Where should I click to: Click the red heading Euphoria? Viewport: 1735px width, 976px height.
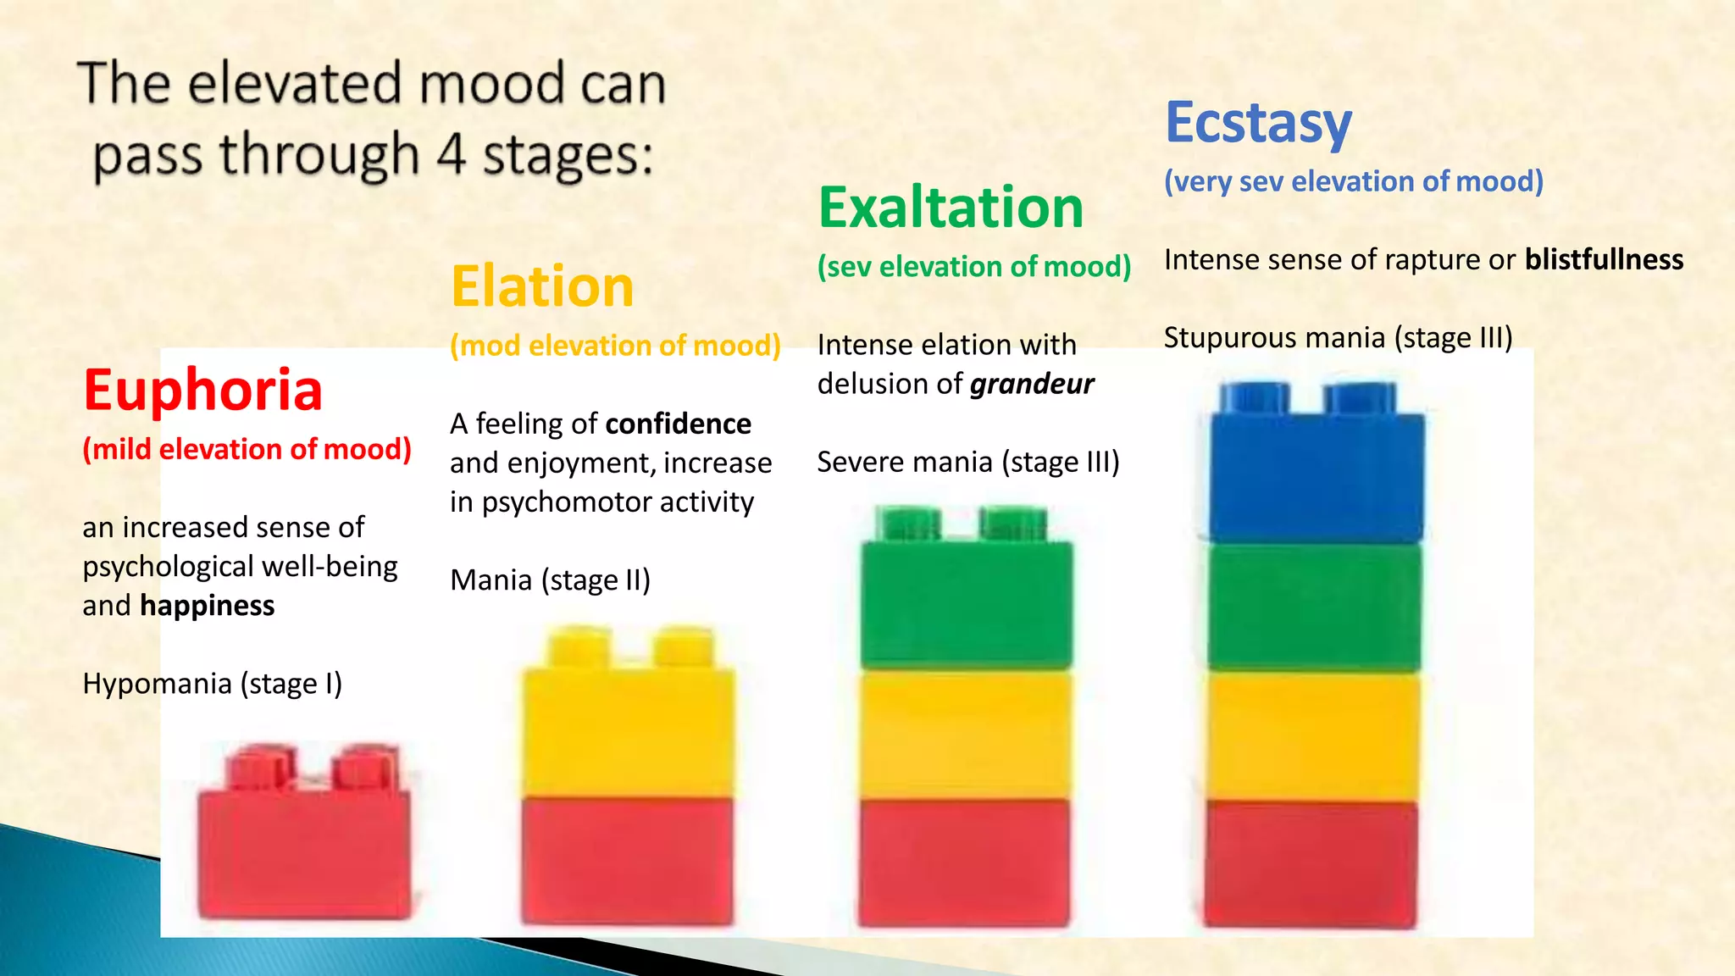203,391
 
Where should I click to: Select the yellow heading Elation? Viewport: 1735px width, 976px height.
542,286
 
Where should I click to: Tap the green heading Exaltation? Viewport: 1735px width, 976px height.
951,208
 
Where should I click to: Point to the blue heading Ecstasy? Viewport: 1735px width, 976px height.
1258,124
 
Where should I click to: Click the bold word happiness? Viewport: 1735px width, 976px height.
208,606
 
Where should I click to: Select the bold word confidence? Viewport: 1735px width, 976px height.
679,424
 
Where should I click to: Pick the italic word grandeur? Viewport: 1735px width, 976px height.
1032,385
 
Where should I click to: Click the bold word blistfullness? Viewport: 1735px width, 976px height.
1604,259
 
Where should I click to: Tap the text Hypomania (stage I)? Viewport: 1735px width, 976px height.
213,684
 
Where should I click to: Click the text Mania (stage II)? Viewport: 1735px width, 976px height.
551,580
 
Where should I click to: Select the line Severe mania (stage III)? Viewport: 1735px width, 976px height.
968,463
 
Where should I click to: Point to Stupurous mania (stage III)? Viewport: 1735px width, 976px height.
1338,338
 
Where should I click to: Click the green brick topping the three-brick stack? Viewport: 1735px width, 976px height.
967,602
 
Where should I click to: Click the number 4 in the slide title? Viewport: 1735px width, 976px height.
452,155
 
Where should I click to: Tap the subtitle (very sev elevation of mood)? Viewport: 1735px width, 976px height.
1354,181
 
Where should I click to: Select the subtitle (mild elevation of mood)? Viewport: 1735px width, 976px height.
247,449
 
